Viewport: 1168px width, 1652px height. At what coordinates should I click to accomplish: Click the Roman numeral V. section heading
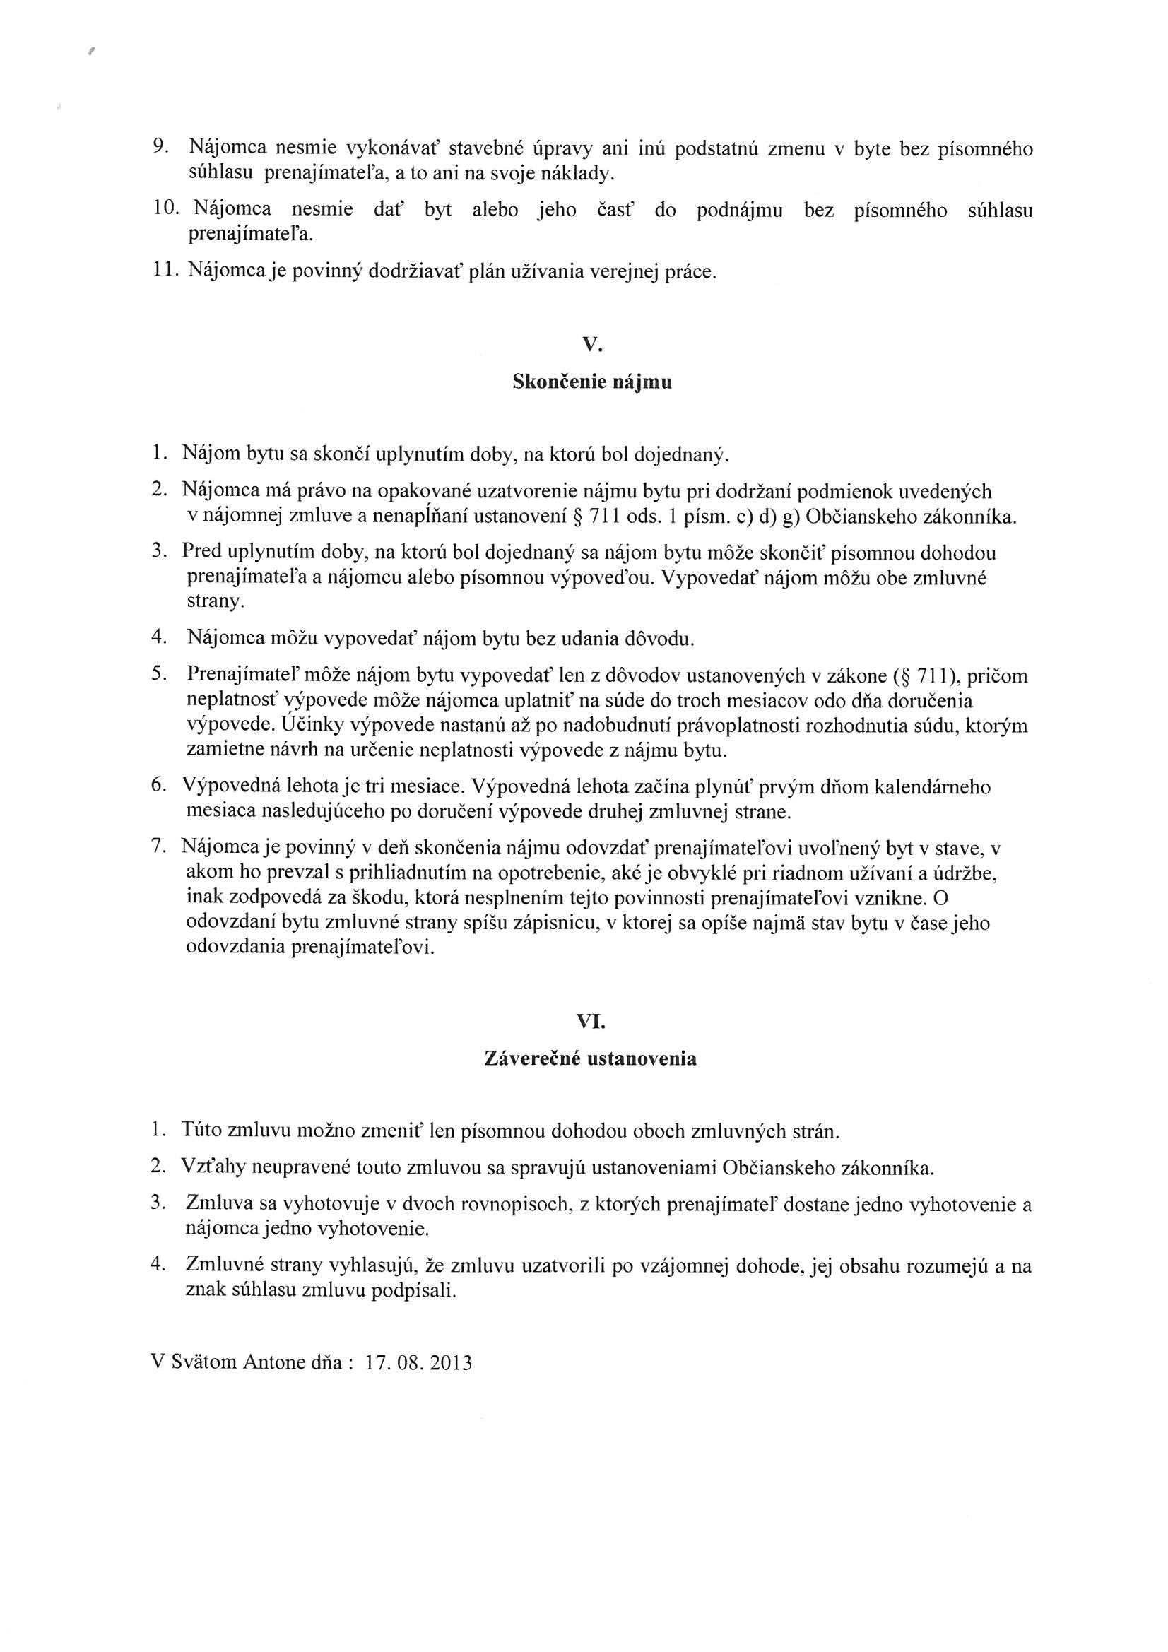(x=591, y=346)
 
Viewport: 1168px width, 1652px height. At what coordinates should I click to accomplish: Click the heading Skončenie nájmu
(x=591, y=382)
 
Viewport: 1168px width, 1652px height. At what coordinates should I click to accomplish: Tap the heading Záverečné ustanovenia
(x=591, y=1059)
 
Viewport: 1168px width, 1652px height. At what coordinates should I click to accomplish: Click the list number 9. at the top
(x=161, y=146)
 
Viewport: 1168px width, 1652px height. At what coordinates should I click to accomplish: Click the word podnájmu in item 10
(x=740, y=211)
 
